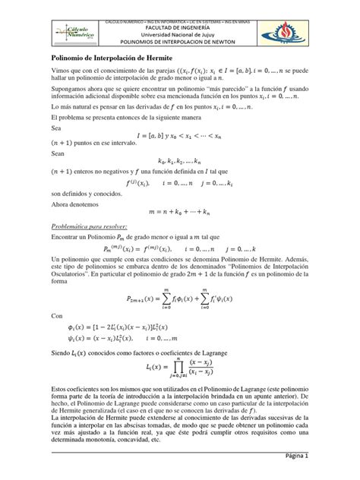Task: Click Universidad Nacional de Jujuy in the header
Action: (179, 32)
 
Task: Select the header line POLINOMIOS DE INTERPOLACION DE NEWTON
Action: (179, 40)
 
